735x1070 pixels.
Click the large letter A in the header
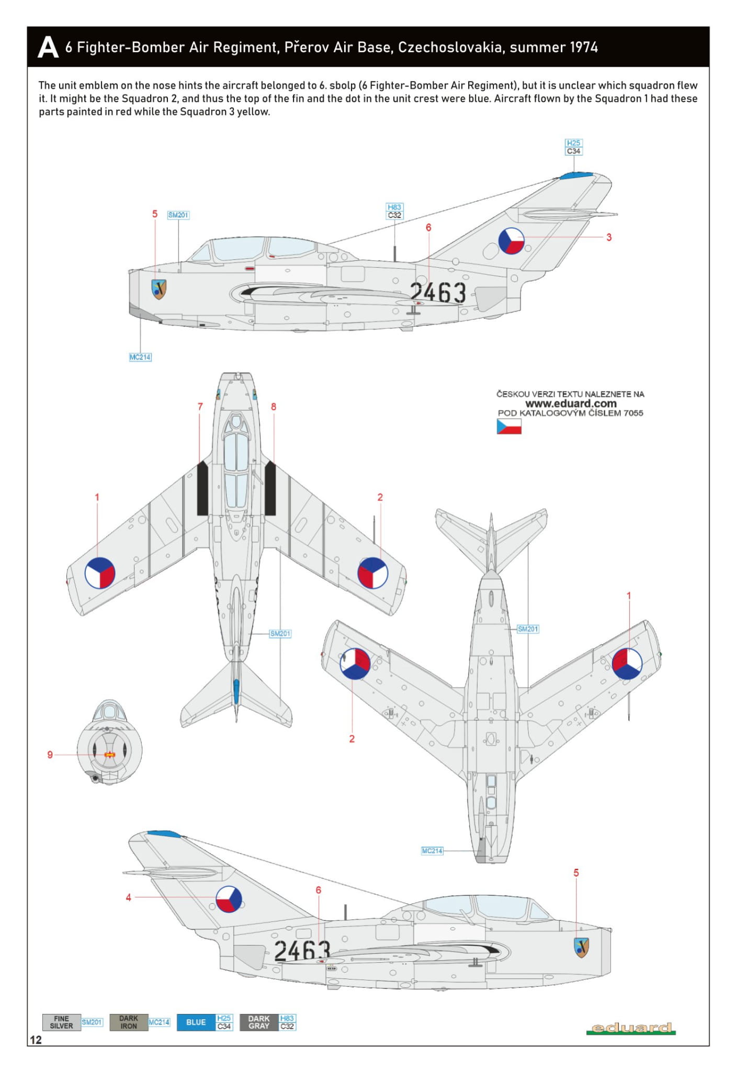48,47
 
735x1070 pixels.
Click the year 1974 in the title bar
584,48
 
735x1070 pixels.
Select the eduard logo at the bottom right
631,1028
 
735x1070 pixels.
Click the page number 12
36,1040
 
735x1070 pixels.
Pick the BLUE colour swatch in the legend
196,1022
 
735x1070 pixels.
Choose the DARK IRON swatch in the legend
129,1022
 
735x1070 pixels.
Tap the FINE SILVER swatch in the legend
62,1022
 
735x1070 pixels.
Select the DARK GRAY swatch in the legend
259,1022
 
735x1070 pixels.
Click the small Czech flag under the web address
509,427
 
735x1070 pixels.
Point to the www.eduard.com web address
571,404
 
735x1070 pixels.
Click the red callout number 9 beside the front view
50,755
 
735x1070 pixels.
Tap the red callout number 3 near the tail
609,237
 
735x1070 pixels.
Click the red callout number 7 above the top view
200,407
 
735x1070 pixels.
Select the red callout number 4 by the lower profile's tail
128,898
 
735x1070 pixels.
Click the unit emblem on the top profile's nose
159,289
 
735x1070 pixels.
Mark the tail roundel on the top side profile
511,241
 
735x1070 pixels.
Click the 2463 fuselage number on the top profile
438,293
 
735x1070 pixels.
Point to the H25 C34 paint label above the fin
573,147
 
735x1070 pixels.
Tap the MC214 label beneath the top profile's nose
140,357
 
